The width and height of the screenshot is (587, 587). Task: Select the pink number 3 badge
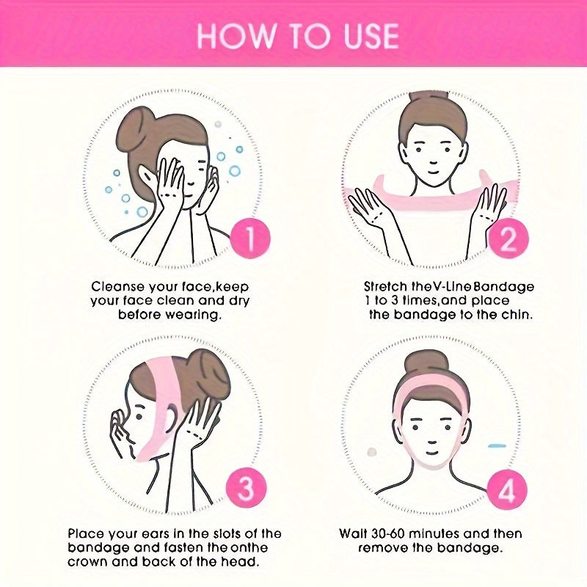tap(246, 488)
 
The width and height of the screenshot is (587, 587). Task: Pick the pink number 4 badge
tap(507, 489)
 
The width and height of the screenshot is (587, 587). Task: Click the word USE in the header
tap(371, 36)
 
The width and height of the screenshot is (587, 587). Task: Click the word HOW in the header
tap(236, 36)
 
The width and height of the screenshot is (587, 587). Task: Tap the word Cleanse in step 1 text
tap(118, 287)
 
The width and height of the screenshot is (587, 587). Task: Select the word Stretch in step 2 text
tap(386, 287)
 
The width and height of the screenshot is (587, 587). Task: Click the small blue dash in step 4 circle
tap(497, 446)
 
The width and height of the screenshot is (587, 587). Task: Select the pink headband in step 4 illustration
tap(431, 386)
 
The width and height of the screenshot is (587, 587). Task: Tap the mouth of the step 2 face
tap(433, 172)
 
